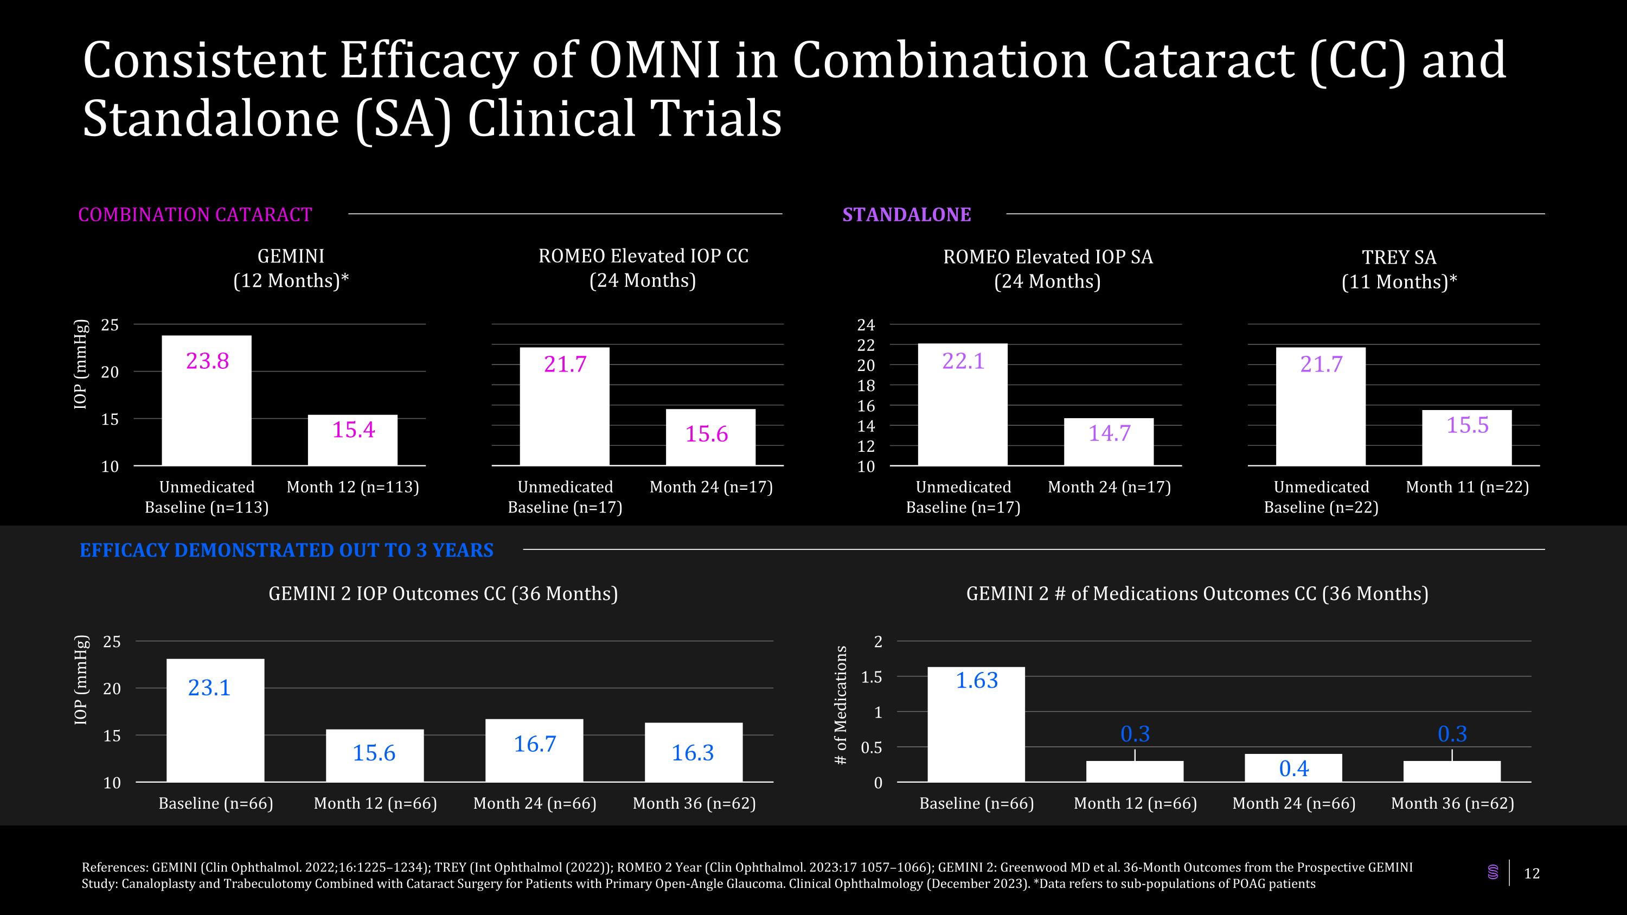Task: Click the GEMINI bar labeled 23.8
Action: click(x=207, y=400)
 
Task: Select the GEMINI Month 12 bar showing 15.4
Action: click(x=353, y=440)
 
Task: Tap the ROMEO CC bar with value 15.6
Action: click(x=710, y=438)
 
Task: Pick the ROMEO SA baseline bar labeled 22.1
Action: click(x=963, y=405)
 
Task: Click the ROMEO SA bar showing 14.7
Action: click(x=1109, y=442)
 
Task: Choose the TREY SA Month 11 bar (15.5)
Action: click(x=1466, y=438)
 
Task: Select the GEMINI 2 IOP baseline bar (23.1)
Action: click(x=215, y=720)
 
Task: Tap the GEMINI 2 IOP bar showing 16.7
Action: click(x=534, y=750)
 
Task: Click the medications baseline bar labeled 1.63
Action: click(x=976, y=724)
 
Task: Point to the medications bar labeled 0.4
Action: click(x=1293, y=768)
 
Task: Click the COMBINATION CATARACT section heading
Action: click(x=195, y=215)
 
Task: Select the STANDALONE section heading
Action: click(x=906, y=215)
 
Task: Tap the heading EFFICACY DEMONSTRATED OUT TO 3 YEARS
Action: click(x=286, y=550)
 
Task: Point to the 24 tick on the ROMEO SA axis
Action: click(x=865, y=325)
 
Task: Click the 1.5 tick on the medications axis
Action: click(x=872, y=677)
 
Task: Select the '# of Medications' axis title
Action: click(x=840, y=705)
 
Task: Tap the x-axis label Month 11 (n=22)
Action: click(x=1466, y=487)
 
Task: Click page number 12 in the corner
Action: click(x=1532, y=873)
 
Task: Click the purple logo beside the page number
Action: click(x=1493, y=873)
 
